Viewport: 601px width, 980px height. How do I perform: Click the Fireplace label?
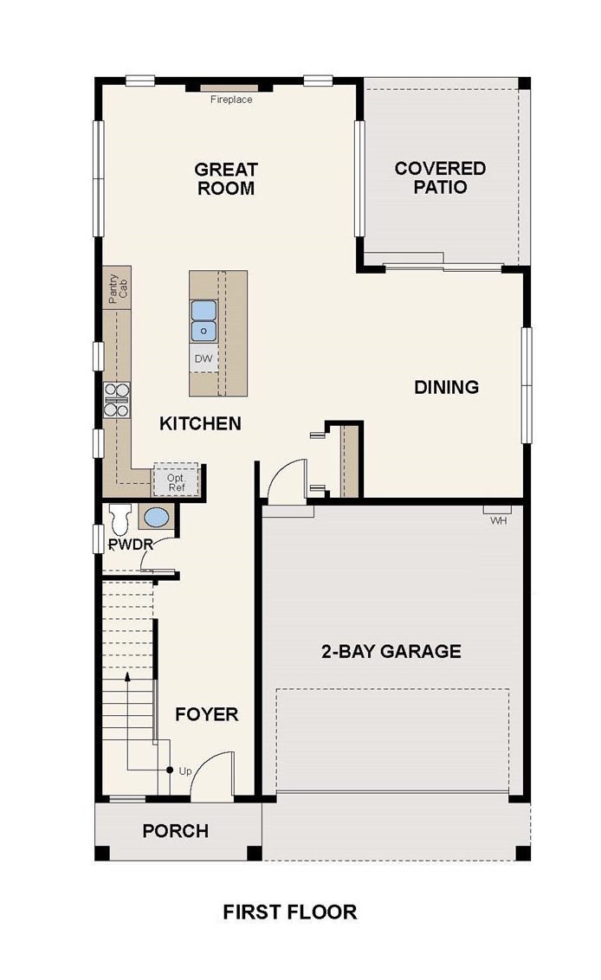pos(231,100)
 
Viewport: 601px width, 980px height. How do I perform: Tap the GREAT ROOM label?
pos(226,178)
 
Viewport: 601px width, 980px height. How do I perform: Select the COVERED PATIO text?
pos(440,177)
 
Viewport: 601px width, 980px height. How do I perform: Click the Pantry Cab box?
pos(117,288)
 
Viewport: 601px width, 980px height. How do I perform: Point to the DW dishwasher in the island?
pos(204,358)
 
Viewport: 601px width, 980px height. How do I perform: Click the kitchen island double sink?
pos(204,320)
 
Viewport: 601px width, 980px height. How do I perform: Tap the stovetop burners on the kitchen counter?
pos(116,400)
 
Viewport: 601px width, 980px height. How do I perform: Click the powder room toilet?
pos(120,518)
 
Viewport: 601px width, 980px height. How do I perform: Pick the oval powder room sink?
pos(157,518)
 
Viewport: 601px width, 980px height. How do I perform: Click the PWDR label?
pos(131,545)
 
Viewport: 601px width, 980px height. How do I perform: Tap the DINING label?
pos(447,387)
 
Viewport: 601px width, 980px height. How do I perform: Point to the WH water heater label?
pos(499,520)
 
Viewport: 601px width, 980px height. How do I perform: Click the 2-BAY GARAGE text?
pos(391,651)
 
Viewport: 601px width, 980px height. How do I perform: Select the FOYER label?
pos(206,714)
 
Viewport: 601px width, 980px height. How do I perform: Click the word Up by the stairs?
pos(185,771)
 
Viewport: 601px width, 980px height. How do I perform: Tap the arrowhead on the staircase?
pos(127,676)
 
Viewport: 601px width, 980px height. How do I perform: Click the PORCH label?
pos(176,831)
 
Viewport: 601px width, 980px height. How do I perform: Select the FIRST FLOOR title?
pos(290,912)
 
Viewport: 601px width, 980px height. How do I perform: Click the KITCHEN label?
pos(200,423)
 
